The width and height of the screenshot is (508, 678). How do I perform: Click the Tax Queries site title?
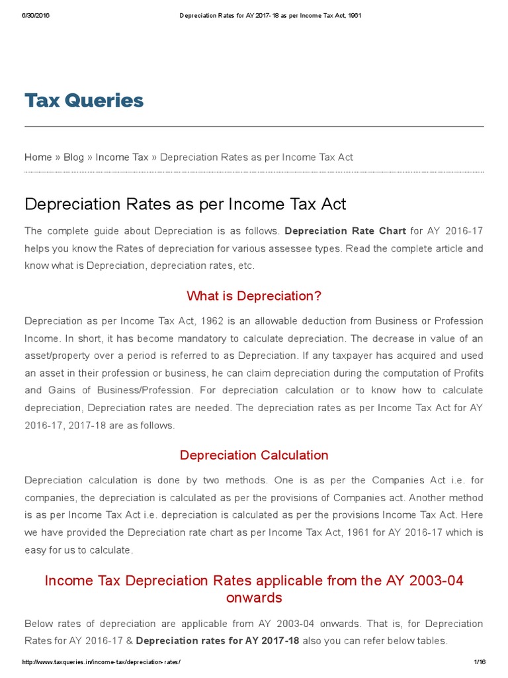[x=84, y=101]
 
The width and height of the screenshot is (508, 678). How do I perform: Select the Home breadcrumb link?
[x=38, y=157]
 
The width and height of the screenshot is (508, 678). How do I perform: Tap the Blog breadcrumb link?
[x=73, y=157]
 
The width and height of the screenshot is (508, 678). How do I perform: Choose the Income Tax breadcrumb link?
[x=122, y=157]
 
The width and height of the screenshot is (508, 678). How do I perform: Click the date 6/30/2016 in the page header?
[x=36, y=16]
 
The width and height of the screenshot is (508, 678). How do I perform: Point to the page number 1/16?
[x=480, y=662]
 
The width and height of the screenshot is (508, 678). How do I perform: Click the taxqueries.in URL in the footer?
[x=101, y=662]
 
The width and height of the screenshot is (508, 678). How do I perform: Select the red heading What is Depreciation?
[x=254, y=295]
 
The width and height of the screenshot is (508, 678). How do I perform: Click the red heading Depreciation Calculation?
[x=254, y=456]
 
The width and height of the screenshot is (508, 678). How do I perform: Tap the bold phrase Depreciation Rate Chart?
[x=345, y=231]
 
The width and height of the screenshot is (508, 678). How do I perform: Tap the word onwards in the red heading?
[x=254, y=598]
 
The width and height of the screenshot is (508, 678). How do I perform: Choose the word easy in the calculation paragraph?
[x=35, y=550]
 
